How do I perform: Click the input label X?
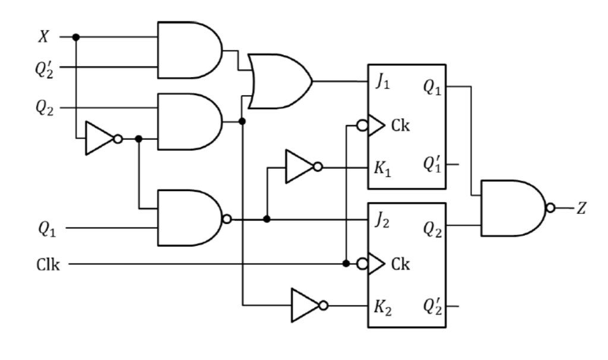(x=43, y=37)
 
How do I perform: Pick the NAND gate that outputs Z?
(x=513, y=208)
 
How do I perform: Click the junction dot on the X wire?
(x=75, y=37)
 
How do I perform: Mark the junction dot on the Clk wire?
(x=346, y=263)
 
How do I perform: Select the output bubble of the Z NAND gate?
(x=552, y=208)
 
